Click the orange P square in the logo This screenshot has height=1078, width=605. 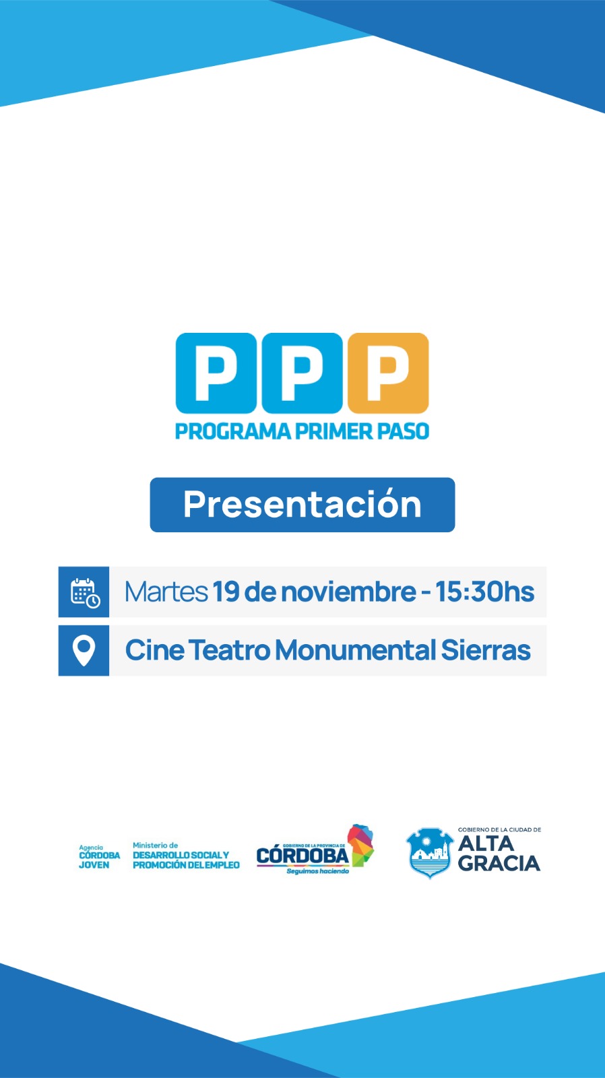pyautogui.click(x=389, y=373)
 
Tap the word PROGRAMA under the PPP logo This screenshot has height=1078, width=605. pyautogui.click(x=233, y=431)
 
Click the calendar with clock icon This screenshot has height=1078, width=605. pyautogui.click(x=85, y=592)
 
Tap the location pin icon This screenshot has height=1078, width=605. pyautogui.click(x=84, y=651)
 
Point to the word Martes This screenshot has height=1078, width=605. pyautogui.click(x=166, y=592)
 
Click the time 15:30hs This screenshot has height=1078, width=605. pyautogui.click(x=484, y=592)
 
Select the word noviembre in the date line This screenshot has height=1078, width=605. pyautogui.click(x=348, y=592)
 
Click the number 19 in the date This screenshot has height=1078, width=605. pyautogui.click(x=226, y=592)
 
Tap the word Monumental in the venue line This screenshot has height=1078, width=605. pyautogui.click(x=355, y=650)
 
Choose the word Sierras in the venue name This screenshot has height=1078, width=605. pyautogui.click(x=486, y=650)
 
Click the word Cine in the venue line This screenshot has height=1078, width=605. pyautogui.click(x=154, y=650)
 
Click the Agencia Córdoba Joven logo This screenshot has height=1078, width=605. pyautogui.click(x=99, y=856)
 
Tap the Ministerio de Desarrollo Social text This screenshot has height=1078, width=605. pyautogui.click(x=186, y=856)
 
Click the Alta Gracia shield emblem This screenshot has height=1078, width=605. pyautogui.click(x=430, y=852)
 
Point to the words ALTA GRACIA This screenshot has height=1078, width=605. pyautogui.click(x=499, y=853)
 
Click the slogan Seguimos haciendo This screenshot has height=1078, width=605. pyautogui.click(x=318, y=871)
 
